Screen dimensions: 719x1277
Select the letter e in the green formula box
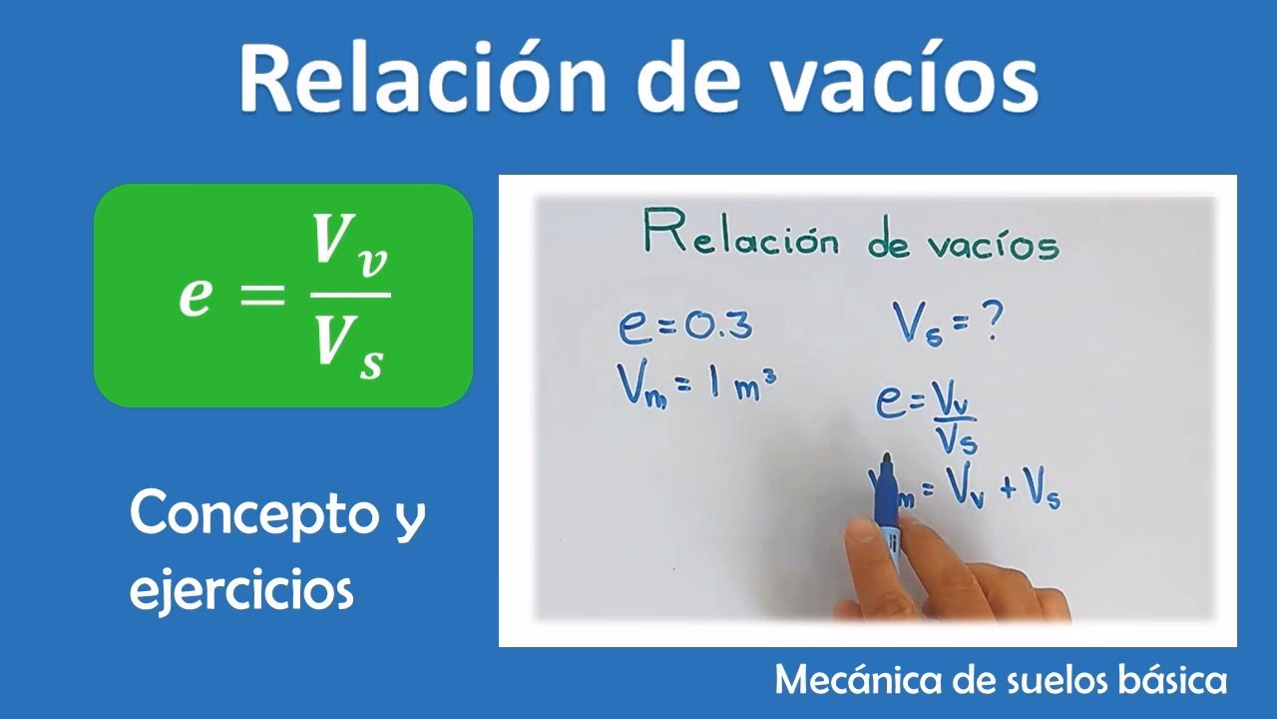(196, 298)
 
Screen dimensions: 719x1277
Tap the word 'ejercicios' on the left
(242, 589)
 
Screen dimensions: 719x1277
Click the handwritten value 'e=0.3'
(683, 327)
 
